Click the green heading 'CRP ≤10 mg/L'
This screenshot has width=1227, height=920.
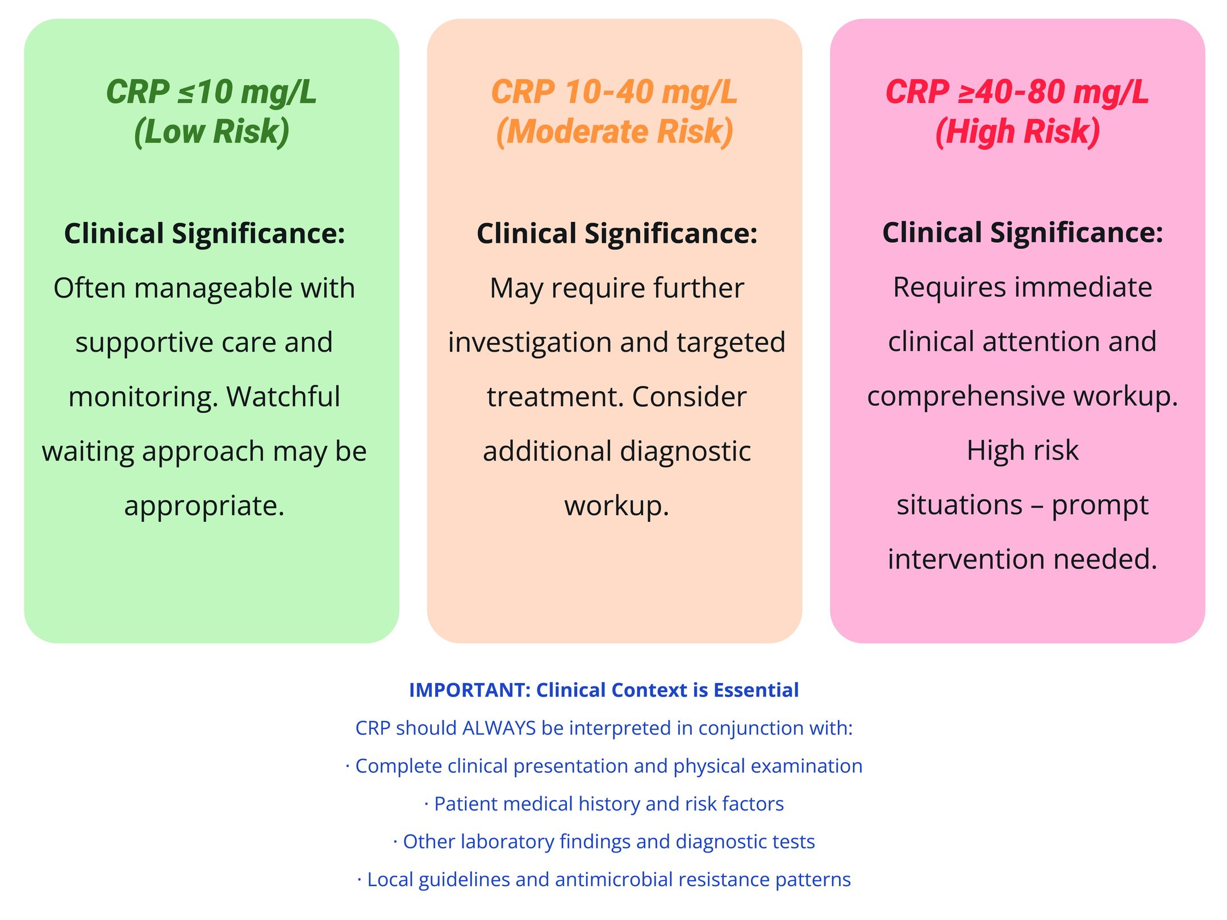tap(211, 92)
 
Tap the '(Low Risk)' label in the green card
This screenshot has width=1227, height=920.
tap(211, 132)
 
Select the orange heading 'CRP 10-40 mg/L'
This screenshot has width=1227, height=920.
tap(614, 92)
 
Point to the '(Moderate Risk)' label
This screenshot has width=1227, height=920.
tap(614, 132)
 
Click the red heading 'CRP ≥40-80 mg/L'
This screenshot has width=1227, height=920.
tap(1017, 92)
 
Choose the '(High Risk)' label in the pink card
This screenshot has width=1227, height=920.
tap(1017, 132)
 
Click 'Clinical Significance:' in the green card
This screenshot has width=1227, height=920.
tap(204, 233)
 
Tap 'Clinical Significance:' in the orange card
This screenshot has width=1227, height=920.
tap(617, 233)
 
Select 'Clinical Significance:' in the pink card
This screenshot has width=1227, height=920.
tap(1022, 233)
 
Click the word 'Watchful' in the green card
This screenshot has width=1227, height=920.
tap(283, 396)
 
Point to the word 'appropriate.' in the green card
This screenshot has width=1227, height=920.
tap(204, 506)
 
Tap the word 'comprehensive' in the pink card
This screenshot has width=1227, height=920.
tap(966, 396)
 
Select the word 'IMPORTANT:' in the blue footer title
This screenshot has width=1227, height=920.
tap(470, 690)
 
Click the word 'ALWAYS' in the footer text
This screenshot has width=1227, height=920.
tap(499, 728)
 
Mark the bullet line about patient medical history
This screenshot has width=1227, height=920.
tap(604, 804)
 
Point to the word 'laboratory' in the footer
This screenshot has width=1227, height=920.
tap(507, 842)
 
